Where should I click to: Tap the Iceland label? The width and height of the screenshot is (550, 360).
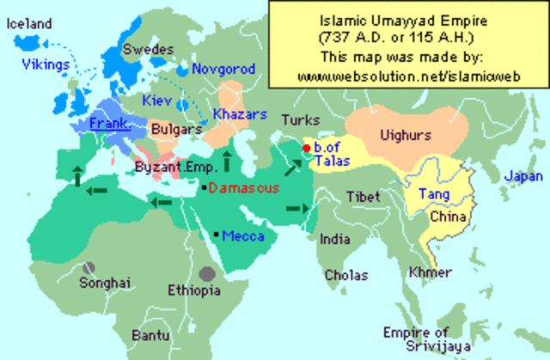tap(28, 24)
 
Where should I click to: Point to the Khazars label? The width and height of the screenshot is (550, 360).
tap(241, 114)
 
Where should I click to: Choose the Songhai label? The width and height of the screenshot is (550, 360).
tap(104, 282)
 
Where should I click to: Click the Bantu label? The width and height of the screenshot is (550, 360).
tap(150, 335)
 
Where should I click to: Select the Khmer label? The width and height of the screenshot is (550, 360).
tap(431, 272)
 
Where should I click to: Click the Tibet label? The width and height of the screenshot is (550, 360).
tap(364, 197)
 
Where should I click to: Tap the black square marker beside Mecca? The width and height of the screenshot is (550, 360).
tap(216, 235)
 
